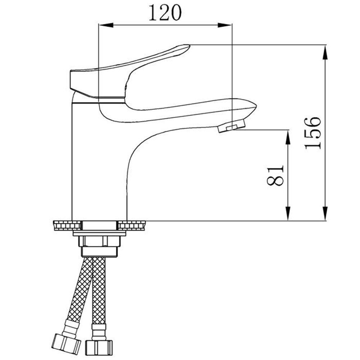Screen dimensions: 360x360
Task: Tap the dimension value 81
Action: [x=276, y=175]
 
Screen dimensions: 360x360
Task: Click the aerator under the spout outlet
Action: [x=231, y=126]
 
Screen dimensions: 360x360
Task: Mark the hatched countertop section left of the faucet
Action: [x=67, y=225]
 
